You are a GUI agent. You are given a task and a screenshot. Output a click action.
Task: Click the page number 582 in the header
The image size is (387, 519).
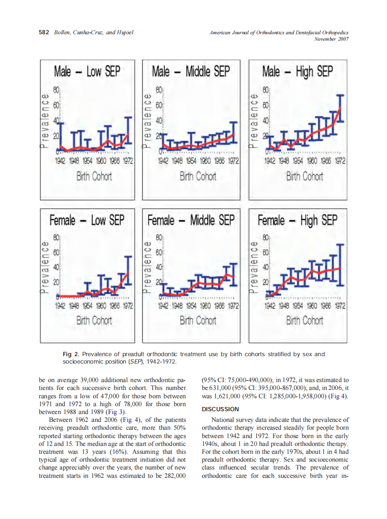tap(44, 33)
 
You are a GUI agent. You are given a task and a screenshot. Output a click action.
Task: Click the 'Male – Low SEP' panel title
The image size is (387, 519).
tap(87, 72)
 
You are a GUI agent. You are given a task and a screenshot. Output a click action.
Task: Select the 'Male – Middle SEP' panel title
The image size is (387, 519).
tap(191, 72)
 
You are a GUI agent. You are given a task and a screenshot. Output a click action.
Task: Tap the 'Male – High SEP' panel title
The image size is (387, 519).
tap(297, 72)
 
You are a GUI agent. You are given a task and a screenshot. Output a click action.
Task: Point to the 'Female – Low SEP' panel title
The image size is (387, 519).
tap(87, 220)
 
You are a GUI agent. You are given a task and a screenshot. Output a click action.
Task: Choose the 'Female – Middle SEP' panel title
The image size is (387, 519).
tap(191, 220)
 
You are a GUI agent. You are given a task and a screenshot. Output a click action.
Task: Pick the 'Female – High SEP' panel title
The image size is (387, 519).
tap(297, 220)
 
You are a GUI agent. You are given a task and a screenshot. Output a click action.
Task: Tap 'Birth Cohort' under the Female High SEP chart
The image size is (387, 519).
tap(304, 320)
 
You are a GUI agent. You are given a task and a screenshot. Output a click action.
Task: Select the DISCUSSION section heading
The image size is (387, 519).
tap(220, 409)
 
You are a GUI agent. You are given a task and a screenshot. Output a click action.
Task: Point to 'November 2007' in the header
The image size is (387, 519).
tap(331, 39)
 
